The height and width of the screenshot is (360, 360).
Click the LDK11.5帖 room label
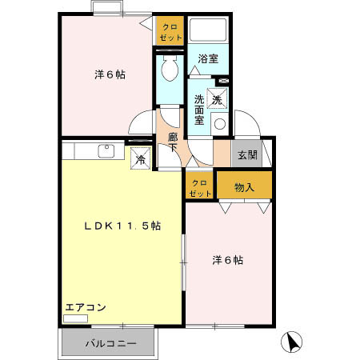123,226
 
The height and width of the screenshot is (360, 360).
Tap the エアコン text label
86,307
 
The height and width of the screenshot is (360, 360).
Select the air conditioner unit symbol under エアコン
76,318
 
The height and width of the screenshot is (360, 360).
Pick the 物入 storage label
244,187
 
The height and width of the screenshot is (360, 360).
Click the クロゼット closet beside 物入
200,188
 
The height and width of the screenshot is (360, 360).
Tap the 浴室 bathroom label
209,58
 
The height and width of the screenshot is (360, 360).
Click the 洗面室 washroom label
200,110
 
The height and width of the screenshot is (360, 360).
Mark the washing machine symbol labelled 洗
217,100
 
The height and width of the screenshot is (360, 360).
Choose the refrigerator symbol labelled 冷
141,158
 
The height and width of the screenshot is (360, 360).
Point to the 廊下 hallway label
173,142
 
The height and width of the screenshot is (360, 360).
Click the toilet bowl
169,70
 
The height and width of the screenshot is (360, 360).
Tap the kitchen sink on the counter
106,150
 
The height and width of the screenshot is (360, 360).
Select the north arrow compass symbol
294,342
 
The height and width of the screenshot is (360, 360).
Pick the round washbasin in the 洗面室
219,125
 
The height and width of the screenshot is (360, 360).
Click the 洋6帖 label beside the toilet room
110,74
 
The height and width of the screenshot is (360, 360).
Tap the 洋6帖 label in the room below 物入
228,260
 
